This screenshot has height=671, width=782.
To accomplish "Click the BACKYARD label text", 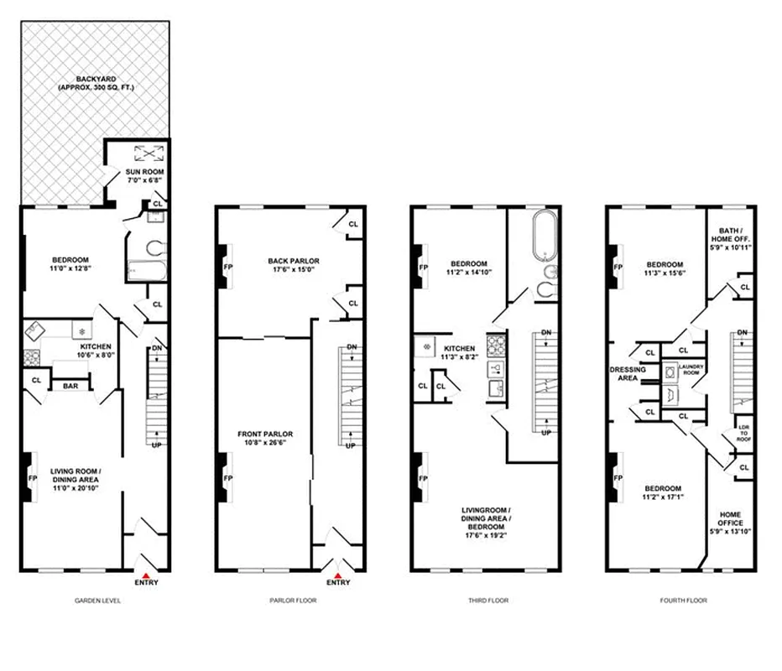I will (x=95, y=82).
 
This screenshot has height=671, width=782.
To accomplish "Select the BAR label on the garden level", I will (x=71, y=386).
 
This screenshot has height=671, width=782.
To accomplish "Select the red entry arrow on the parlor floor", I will (x=339, y=573).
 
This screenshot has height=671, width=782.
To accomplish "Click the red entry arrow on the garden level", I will (x=144, y=573).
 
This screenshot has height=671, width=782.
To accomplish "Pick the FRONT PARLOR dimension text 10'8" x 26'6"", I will (x=264, y=445).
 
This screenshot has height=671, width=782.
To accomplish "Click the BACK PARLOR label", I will (x=293, y=261).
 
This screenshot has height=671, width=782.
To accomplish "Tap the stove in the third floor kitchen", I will (x=495, y=344).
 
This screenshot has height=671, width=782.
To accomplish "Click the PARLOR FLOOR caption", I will (x=293, y=601).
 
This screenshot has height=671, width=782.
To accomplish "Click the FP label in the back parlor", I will (x=228, y=266).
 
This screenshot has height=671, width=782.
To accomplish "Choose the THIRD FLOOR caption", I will (x=489, y=601).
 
